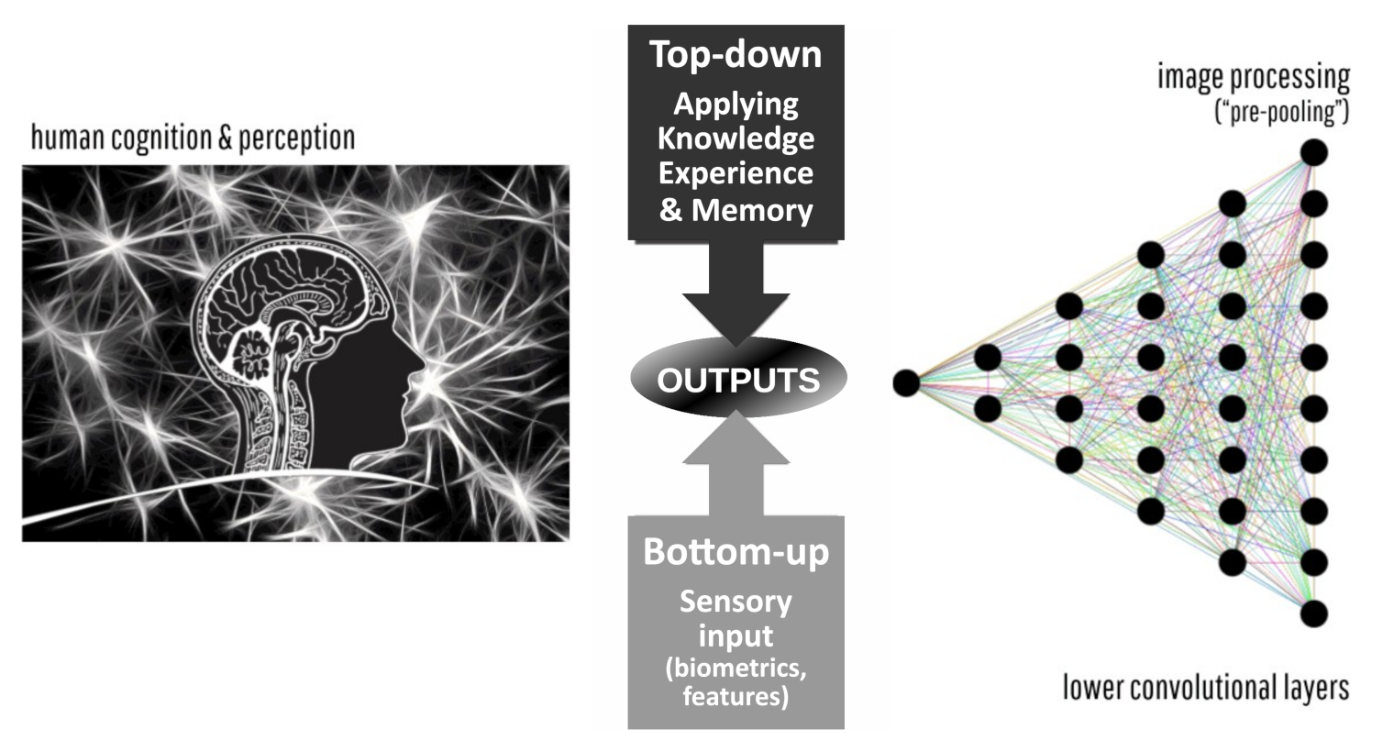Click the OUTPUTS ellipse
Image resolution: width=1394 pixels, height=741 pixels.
pos(737,378)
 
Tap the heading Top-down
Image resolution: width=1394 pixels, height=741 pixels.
pos(736,54)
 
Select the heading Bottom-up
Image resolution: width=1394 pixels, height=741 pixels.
pos(736,552)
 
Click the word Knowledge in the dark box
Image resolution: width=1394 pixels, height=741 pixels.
pos(736,138)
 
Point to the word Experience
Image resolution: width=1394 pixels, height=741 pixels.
pos(736,173)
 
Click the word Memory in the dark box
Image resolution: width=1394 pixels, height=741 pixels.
pos(752,210)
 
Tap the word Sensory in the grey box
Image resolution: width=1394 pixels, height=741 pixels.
pos(736,603)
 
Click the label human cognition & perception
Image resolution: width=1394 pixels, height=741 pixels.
pos(193,138)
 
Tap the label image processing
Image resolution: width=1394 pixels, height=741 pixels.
pos(1253,78)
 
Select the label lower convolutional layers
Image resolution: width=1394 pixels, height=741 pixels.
pos(1206,687)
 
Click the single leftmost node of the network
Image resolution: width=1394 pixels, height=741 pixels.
pos(906,382)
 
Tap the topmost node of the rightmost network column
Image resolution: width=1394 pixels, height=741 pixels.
pos(1313,152)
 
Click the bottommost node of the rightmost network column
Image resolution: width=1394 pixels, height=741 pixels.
pos(1313,613)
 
